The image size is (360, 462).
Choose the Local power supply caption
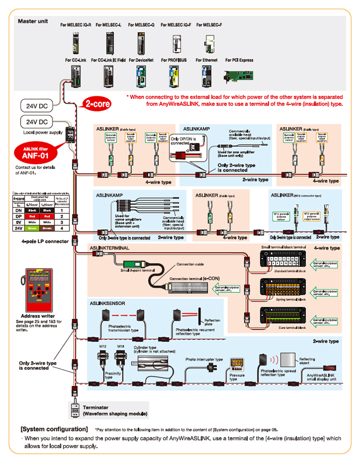click(43, 132)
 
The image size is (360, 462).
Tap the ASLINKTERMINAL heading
click(109, 248)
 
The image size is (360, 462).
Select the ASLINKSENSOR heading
click(107, 303)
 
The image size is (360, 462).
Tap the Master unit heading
click(32, 21)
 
